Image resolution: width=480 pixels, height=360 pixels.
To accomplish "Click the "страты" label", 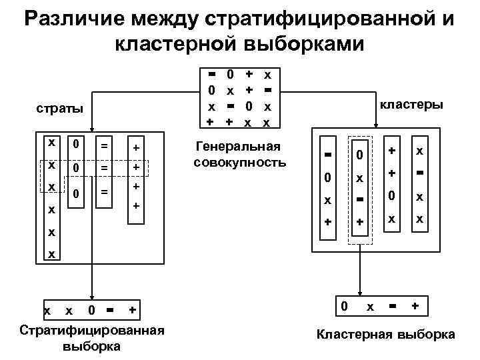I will tap(61, 108).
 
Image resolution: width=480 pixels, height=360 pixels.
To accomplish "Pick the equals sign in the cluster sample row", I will tap(393, 306).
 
